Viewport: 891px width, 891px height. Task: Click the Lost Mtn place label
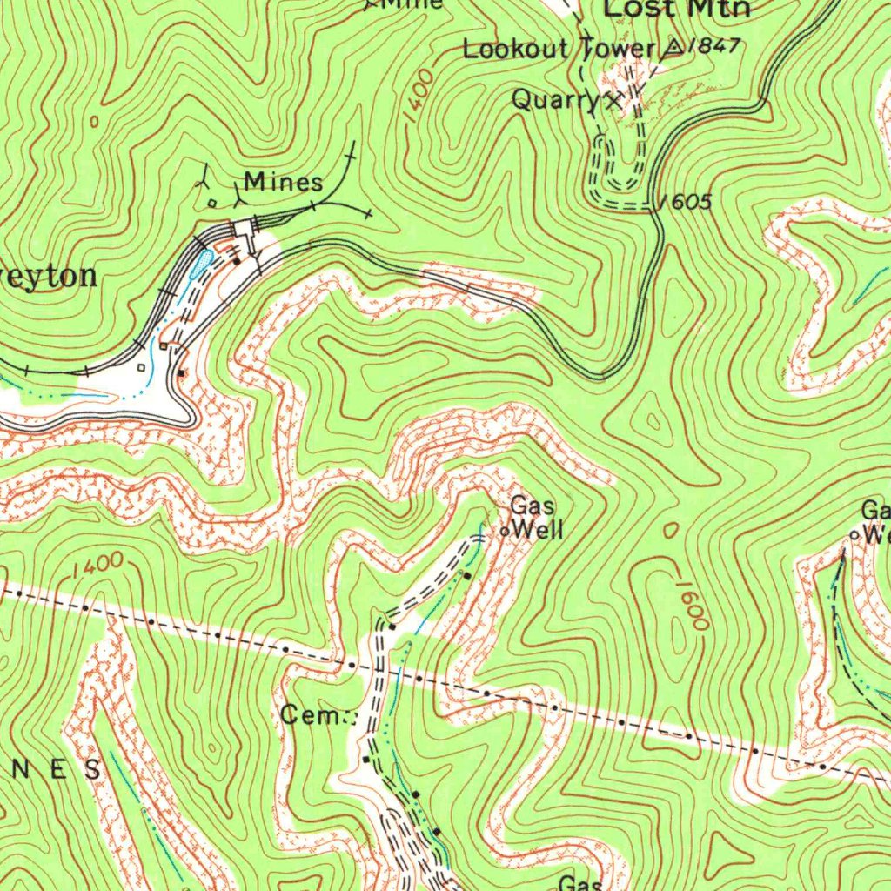[676, 9]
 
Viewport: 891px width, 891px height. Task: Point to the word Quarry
[556, 99]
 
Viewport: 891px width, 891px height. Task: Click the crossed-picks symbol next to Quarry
[614, 101]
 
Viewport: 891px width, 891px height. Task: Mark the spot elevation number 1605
[687, 203]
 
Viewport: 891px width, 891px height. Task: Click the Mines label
[283, 183]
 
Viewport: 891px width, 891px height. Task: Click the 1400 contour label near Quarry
[419, 97]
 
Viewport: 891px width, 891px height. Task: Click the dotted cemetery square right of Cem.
[352, 718]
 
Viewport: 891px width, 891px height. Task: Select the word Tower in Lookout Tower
[616, 50]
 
